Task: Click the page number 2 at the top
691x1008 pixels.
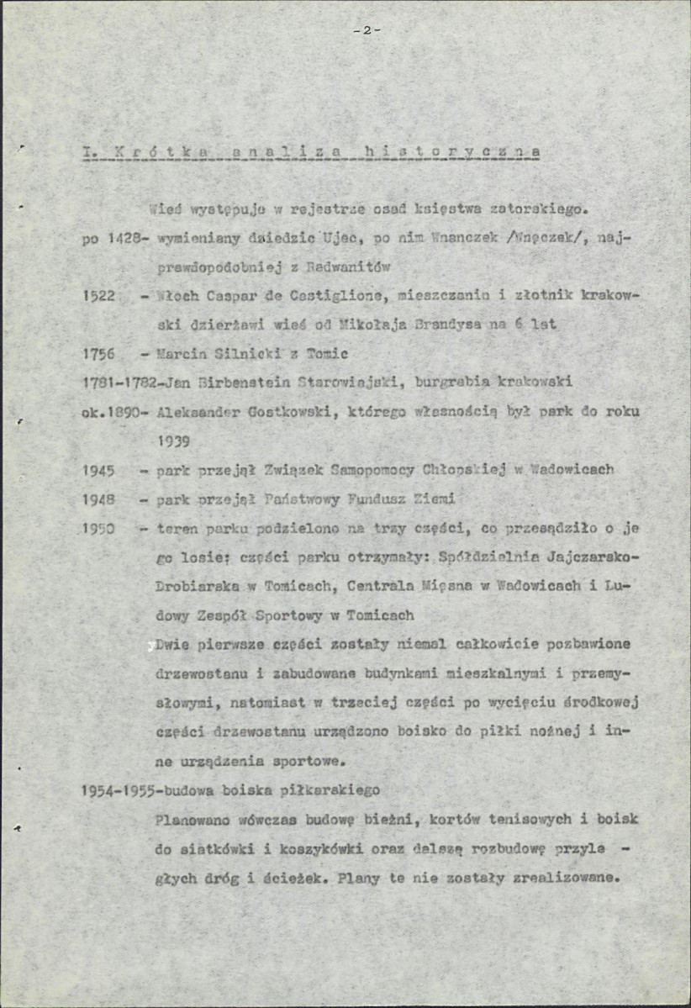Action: coord(367,30)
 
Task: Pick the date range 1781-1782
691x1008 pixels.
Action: coord(118,382)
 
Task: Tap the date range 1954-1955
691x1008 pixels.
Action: coord(123,791)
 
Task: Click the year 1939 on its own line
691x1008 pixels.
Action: coord(174,439)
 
